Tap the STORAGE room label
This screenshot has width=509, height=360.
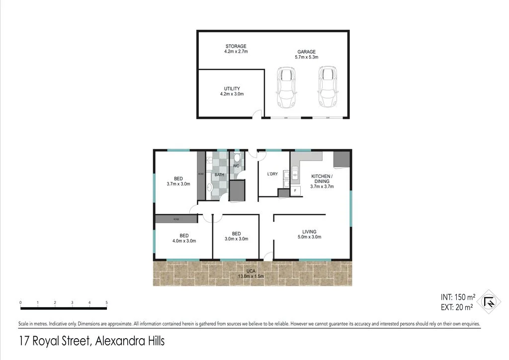point(236,46)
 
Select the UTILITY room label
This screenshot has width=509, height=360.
point(232,89)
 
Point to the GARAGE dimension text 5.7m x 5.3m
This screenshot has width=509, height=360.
point(307,57)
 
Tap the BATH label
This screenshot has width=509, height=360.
point(219,175)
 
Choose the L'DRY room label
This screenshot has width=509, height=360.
point(272,174)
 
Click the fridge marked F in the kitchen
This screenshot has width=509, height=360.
point(295,190)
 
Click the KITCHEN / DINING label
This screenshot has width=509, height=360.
point(322,179)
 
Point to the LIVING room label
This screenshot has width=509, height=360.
point(309,232)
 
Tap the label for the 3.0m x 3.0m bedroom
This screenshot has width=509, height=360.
point(236,234)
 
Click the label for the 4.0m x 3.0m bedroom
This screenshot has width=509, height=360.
point(184,236)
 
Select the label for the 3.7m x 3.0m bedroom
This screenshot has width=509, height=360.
point(178,179)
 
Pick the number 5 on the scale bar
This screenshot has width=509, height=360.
point(107,302)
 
